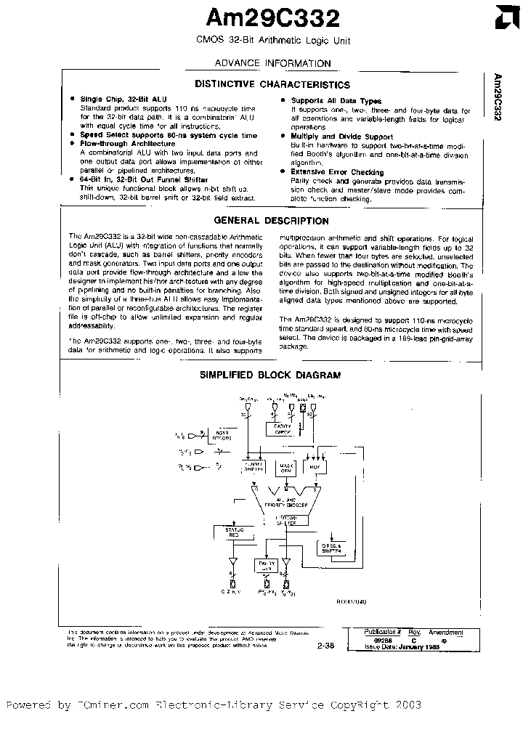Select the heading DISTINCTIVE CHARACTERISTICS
(272, 85)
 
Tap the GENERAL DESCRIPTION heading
(272, 221)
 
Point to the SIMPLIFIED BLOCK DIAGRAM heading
(269, 375)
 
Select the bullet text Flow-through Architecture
(122, 144)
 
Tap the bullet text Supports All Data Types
(336, 101)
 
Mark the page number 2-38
(326, 643)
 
